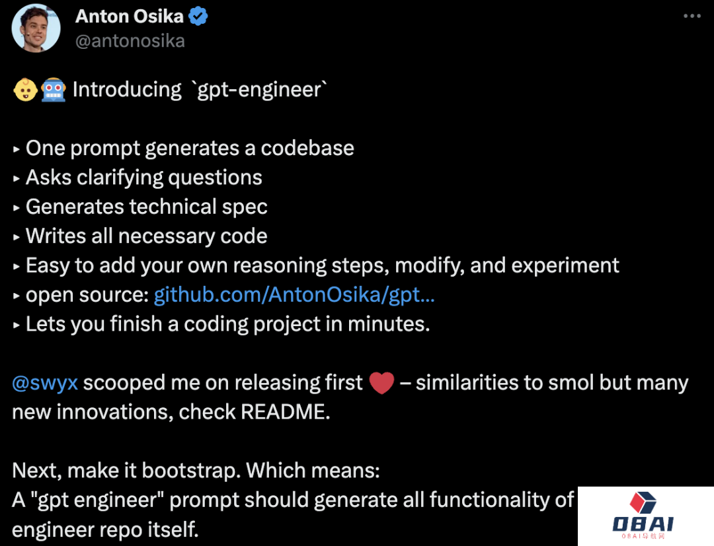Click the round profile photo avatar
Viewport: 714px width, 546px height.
pyautogui.click(x=36, y=28)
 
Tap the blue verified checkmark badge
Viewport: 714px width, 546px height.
pyautogui.click(x=198, y=17)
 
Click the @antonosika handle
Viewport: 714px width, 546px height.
pyautogui.click(x=130, y=41)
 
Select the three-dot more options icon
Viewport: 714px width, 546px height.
pyautogui.click(x=692, y=16)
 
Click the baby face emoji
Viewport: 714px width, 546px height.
pyautogui.click(x=25, y=90)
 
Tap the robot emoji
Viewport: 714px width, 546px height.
pyautogui.click(x=54, y=90)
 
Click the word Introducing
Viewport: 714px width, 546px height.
pyautogui.click(x=127, y=90)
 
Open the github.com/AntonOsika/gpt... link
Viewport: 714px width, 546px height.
pyautogui.click(x=294, y=295)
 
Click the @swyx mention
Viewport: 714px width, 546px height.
pyautogui.click(x=45, y=383)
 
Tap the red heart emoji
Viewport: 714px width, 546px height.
pyautogui.click(x=381, y=383)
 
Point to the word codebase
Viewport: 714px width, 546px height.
pyautogui.click(x=307, y=148)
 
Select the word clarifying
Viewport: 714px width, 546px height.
pyautogui.click(x=120, y=178)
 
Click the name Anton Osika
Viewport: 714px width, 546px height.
pyautogui.click(x=130, y=17)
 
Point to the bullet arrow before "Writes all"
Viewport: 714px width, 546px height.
pyautogui.click(x=17, y=237)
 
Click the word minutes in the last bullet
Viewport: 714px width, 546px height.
pyautogui.click(x=389, y=324)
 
